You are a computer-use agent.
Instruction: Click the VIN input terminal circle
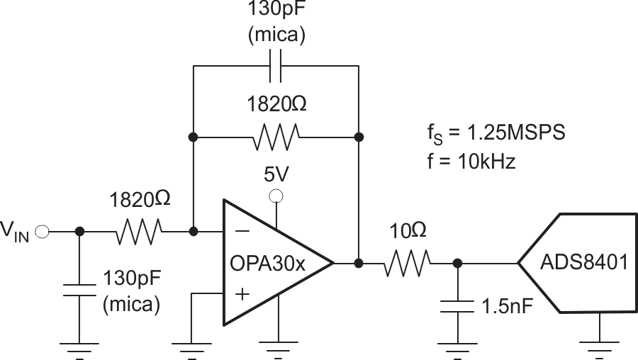point(43,231)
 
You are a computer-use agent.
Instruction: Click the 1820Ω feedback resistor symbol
point(276,135)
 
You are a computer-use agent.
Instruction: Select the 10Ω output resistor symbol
point(408,263)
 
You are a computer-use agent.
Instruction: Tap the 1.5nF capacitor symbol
point(458,306)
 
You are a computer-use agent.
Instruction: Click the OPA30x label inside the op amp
point(267,264)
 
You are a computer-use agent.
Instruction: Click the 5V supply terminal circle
point(277,196)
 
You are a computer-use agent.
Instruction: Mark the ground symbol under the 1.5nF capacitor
point(458,346)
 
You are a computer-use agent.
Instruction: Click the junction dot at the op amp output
point(359,263)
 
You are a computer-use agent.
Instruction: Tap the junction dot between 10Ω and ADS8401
point(458,263)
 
